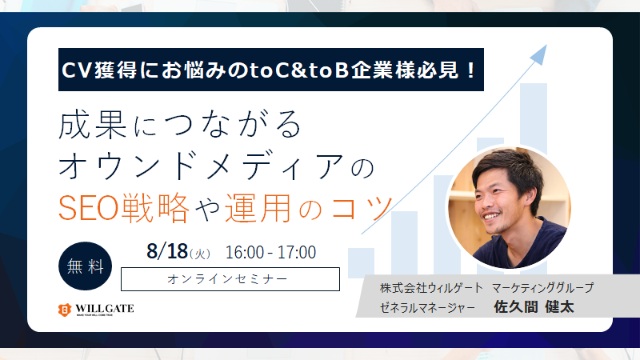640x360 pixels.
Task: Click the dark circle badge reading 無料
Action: (86, 266)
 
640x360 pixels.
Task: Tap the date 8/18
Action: (167, 251)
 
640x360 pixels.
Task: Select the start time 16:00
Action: (245, 252)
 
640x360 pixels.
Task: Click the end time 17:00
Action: (296, 252)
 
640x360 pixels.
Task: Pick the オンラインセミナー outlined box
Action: (230, 279)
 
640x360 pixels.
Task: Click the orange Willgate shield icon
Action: (65, 310)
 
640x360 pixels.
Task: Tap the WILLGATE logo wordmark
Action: (105, 309)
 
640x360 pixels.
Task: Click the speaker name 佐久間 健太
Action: (534, 306)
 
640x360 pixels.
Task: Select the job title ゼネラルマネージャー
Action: (427, 307)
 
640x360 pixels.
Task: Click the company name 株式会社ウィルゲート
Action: (431, 288)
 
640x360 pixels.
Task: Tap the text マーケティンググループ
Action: (543, 288)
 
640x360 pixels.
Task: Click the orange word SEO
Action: (88, 208)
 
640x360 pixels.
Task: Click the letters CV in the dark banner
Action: (76, 70)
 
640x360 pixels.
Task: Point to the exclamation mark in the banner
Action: (470, 70)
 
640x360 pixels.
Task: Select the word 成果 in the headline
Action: (93, 125)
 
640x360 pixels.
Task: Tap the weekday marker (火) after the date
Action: (199, 254)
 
